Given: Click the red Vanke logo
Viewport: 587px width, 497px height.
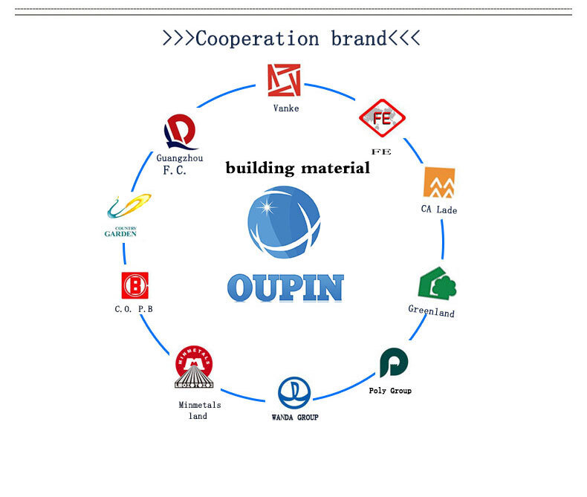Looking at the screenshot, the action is click(284, 80).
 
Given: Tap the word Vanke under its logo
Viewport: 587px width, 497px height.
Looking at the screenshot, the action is click(286, 108).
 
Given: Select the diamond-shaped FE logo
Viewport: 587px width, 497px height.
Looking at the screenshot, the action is click(382, 118).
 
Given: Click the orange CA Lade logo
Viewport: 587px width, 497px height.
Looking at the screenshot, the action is click(439, 182).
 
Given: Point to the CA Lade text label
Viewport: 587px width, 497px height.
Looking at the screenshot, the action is click(439, 209).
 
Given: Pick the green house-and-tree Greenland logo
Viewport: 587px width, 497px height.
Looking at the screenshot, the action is click(437, 283).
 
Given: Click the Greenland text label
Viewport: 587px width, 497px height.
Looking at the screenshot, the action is click(431, 311).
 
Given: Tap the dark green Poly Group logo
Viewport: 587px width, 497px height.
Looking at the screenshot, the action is click(394, 363).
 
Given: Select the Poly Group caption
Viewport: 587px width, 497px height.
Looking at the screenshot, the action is click(390, 391).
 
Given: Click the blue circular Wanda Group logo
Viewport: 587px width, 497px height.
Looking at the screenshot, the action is click(294, 393).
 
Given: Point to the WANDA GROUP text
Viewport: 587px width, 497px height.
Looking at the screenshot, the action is click(295, 418).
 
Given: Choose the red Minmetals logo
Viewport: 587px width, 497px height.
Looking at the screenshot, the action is click(194, 366).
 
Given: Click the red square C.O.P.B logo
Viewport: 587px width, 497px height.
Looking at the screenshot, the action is click(134, 285).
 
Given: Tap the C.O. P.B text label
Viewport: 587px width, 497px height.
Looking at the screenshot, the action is click(134, 309).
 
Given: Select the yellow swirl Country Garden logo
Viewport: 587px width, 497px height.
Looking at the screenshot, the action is click(129, 206).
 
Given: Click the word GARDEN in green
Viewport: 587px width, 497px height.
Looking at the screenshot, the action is click(120, 234).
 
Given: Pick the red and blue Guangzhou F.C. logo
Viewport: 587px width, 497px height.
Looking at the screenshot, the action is click(181, 131).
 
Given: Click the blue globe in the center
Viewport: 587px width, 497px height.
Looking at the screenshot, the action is click(284, 222).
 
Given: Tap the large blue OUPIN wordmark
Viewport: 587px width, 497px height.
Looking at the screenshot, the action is click(285, 288).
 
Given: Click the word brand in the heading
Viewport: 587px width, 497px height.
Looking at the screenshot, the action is click(359, 39).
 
